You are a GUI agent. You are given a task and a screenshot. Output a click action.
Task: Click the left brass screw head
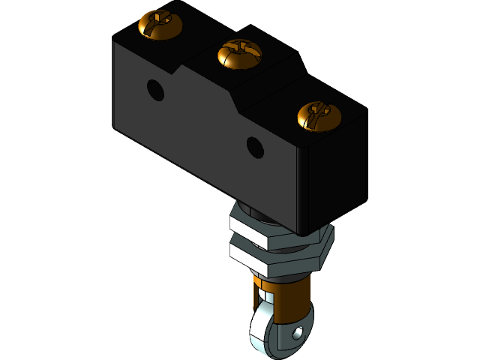click(160, 25)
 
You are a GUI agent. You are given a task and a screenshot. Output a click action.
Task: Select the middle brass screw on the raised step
click(238, 54)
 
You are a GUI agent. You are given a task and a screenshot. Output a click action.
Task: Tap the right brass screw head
click(319, 115)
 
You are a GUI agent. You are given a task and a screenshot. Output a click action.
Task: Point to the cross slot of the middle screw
click(238, 52)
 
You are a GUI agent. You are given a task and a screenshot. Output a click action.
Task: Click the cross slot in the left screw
click(160, 22)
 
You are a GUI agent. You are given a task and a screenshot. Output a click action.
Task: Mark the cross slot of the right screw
click(319, 114)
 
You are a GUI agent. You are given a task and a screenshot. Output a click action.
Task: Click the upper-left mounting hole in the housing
click(155, 90)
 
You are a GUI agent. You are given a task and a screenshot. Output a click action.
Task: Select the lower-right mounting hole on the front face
click(256, 146)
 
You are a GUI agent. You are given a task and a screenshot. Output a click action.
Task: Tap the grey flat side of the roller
click(289, 341)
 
